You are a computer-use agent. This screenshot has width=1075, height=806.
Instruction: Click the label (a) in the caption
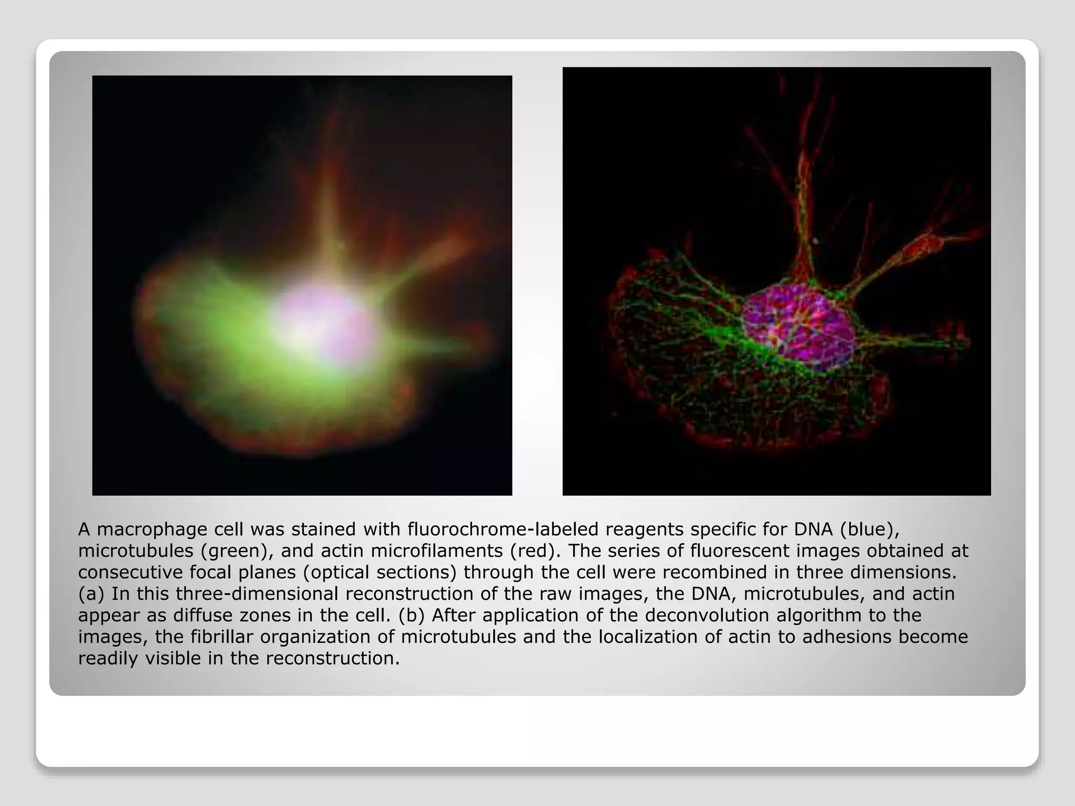click(91, 594)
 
